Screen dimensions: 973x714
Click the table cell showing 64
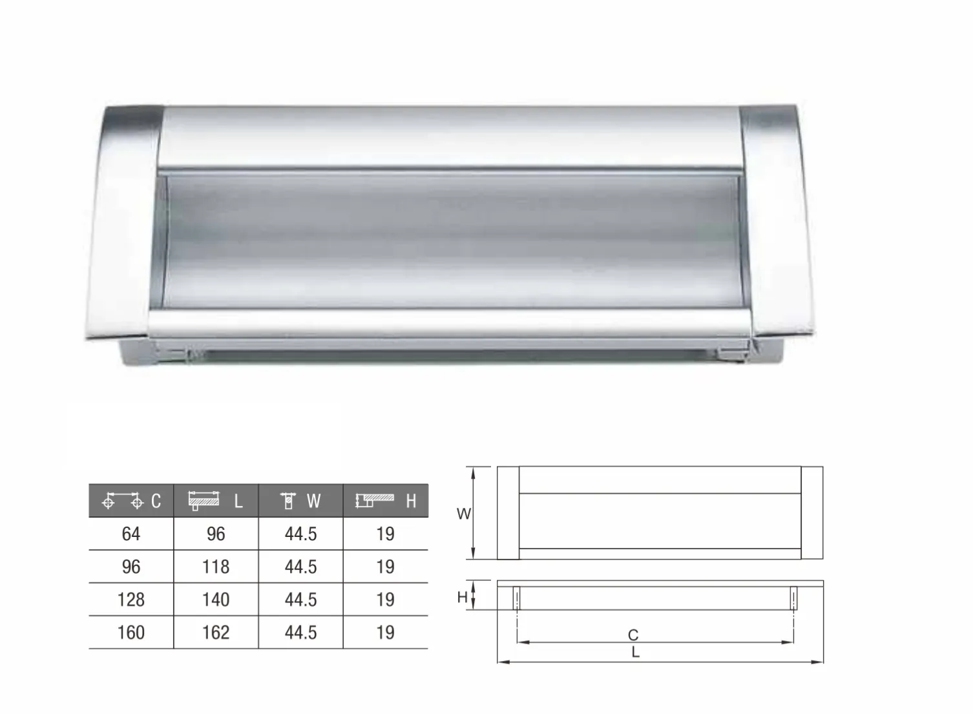(131, 534)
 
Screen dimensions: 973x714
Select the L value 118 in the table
(216, 567)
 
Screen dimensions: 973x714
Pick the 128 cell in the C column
(131, 600)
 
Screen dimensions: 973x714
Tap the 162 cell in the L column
(216, 633)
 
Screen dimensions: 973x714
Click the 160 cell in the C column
(131, 633)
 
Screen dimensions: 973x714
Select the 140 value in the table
(216, 600)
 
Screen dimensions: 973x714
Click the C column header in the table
(131, 501)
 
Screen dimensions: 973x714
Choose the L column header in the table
(216, 501)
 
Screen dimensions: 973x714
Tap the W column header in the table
(300, 501)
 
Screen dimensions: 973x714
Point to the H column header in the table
(386, 501)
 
